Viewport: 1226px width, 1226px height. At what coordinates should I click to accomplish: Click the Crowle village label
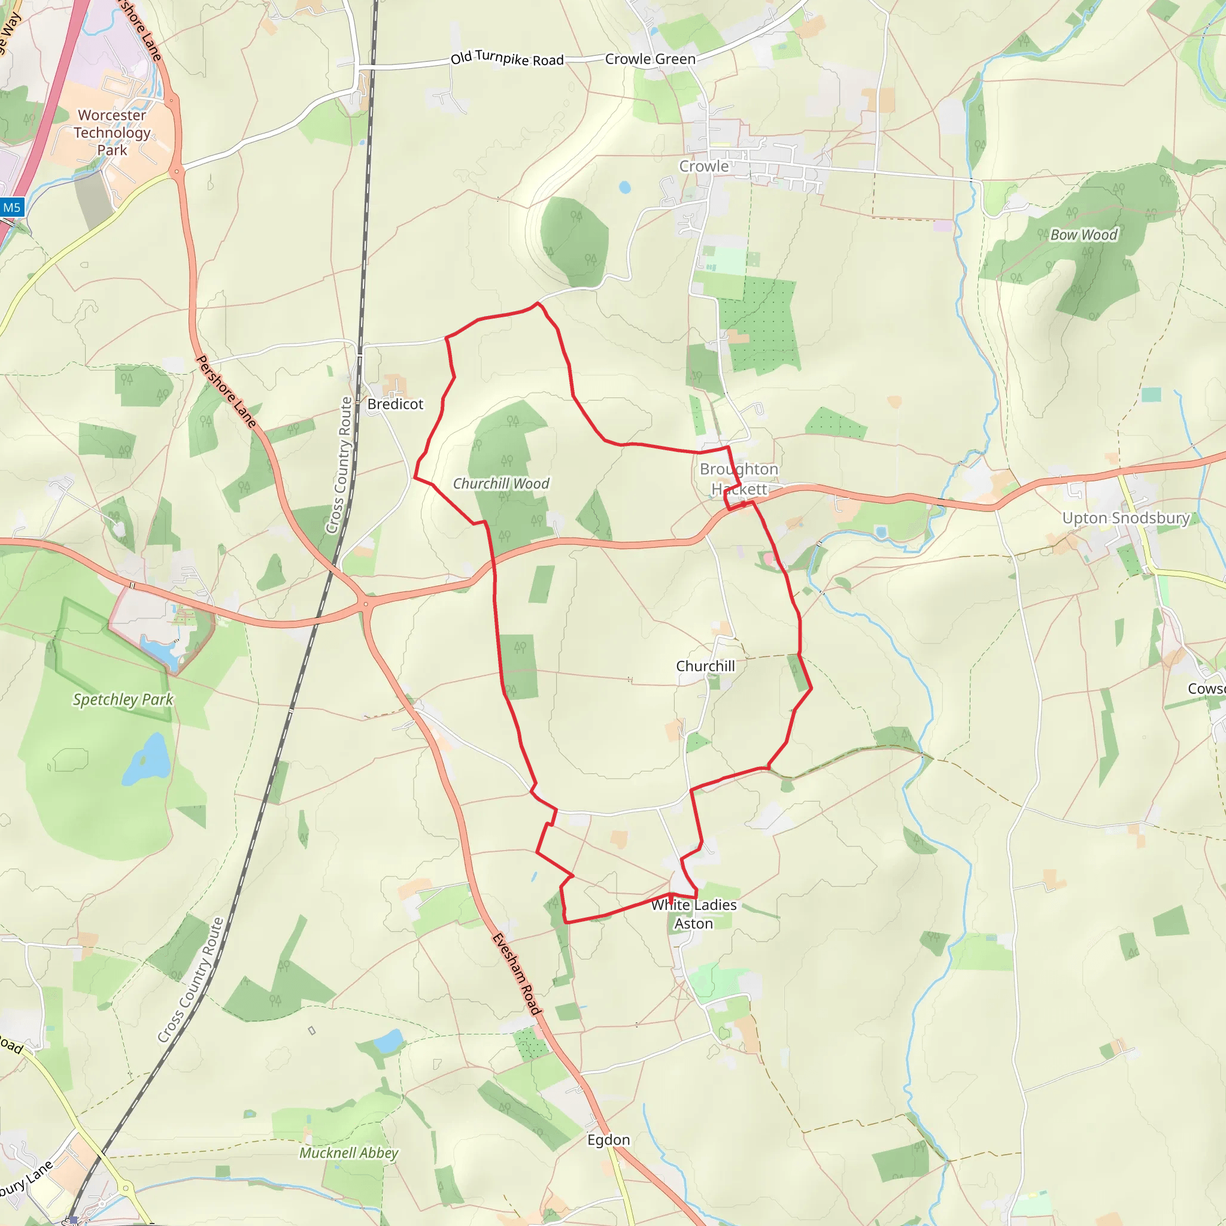pos(704,166)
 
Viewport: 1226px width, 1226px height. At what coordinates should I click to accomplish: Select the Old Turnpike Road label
pos(507,59)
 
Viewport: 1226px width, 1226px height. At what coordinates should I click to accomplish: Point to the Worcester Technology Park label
pos(113,133)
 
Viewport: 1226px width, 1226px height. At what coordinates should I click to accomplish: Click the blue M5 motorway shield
pos(12,208)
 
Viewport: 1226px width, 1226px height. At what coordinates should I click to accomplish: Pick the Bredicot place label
pos(394,404)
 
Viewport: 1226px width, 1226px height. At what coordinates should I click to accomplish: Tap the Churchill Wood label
pos(500,484)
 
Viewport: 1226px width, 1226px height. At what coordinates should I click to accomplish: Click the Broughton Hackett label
pos(739,479)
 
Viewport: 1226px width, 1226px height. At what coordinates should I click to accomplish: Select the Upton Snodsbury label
pos(1126,518)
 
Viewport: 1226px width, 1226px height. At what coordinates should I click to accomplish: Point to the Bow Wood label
pos(1083,235)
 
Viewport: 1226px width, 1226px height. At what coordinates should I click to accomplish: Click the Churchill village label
pos(705,666)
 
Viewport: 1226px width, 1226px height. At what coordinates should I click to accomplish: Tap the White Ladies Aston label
pos(694,914)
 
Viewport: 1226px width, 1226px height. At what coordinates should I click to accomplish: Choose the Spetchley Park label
pos(123,699)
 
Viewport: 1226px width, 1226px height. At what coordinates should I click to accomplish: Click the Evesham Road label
pos(517,974)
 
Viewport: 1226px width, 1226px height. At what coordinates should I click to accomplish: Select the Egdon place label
pos(609,1140)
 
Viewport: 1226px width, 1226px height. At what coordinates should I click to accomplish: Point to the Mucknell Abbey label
pos(348,1153)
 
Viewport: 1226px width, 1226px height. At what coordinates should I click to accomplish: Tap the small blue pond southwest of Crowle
pos(625,187)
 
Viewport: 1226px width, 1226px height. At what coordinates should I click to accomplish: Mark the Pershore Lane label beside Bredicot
pos(226,392)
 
